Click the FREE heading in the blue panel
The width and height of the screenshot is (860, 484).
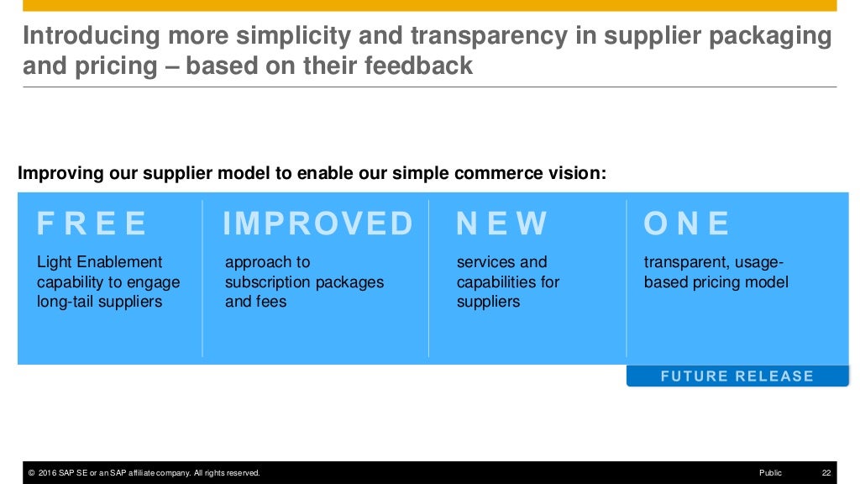coord(92,224)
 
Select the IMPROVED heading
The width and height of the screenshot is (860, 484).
coord(317,224)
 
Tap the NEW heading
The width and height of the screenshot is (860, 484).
coord(501,224)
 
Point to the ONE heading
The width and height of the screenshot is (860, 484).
coord(686,224)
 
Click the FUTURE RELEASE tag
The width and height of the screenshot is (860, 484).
coord(737,376)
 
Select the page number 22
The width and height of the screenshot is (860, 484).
coord(826,473)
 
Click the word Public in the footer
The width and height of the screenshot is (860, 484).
coord(769,473)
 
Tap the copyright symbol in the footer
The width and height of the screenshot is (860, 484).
coord(31,473)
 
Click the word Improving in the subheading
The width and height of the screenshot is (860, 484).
coord(60,174)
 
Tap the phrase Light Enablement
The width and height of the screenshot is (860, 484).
coord(100,262)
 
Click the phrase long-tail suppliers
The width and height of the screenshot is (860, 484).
coord(100,302)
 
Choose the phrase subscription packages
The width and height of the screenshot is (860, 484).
coord(304,282)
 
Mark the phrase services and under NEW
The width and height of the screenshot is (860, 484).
coord(501,262)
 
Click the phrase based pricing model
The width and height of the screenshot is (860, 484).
coord(716,282)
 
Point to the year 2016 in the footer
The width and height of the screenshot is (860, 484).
coord(48,473)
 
